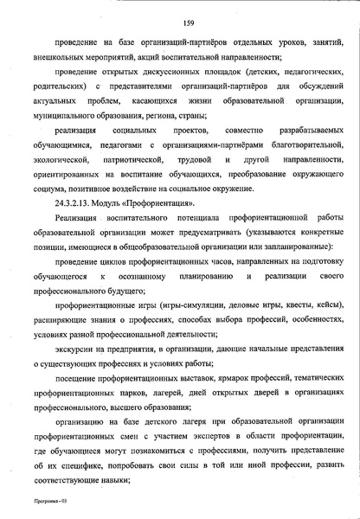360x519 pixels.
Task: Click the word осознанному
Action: tap(138, 275)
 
